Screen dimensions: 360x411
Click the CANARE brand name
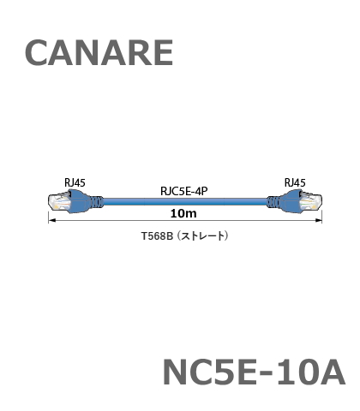pyautogui.click(x=99, y=53)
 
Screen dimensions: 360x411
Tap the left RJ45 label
pyautogui.click(x=75, y=182)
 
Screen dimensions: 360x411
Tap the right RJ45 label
pyautogui.click(x=295, y=182)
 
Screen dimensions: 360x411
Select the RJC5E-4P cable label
pyautogui.click(x=184, y=191)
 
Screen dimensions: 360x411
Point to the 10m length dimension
pyautogui.click(x=183, y=213)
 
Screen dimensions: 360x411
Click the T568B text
pyautogui.click(x=158, y=236)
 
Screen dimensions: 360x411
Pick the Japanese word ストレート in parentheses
pyautogui.click(x=202, y=236)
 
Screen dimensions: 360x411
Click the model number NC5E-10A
pyautogui.click(x=254, y=372)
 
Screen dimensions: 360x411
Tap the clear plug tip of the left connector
pyautogui.click(x=59, y=203)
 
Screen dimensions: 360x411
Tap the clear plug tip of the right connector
pyautogui.click(x=310, y=202)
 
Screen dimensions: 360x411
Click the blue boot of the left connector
pyautogui.click(x=80, y=201)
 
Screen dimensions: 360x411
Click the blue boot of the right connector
pyautogui.click(x=291, y=201)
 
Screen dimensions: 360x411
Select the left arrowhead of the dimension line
pyautogui.click(x=51, y=220)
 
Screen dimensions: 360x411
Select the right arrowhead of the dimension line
pyautogui.click(x=318, y=220)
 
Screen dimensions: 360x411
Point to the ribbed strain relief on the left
pyautogui.click(x=97, y=202)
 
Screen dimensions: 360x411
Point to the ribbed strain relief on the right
pyautogui.click(x=273, y=202)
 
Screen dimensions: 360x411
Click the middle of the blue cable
pyautogui.click(x=185, y=202)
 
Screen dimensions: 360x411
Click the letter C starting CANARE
pyautogui.click(x=37, y=53)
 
